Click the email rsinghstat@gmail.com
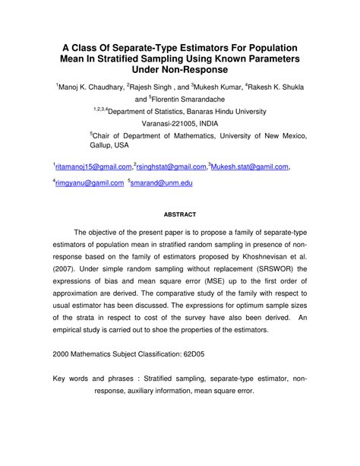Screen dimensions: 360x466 tap(171, 166)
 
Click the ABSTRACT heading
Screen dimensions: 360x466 tap(180, 214)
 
